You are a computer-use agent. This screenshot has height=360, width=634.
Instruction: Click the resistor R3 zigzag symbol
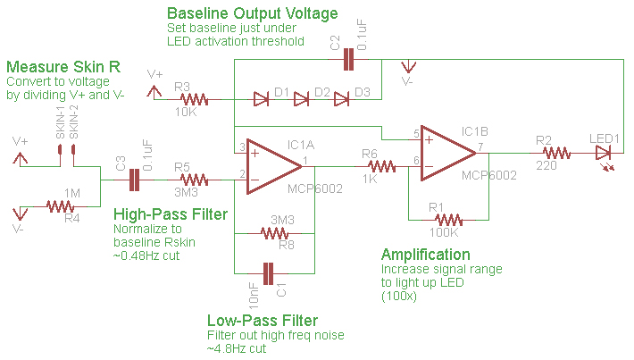(193, 99)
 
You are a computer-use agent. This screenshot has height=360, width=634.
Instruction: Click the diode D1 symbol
(263, 99)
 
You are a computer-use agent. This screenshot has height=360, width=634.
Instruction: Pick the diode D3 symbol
(341, 99)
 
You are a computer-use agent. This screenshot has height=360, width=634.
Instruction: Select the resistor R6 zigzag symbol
(381, 165)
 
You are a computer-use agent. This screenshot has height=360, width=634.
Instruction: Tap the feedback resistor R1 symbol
(446, 219)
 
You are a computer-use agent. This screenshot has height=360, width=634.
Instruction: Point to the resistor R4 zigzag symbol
(61, 206)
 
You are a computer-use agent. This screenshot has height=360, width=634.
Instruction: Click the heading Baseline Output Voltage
(253, 14)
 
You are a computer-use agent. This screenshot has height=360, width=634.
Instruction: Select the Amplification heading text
(425, 255)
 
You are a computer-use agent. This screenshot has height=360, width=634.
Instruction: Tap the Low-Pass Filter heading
(262, 321)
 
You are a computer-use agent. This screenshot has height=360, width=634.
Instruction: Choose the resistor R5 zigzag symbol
(192, 180)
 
